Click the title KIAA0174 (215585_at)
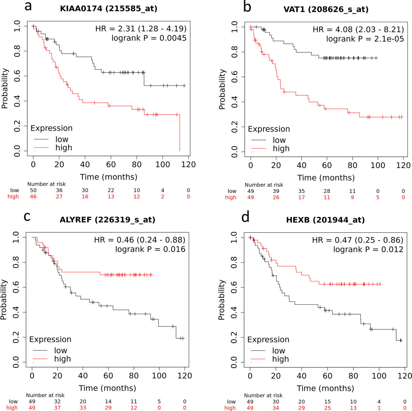(109, 9)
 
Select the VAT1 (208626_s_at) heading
(326, 9)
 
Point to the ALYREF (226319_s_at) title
(108, 220)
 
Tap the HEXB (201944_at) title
(325, 220)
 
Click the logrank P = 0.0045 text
(149, 38)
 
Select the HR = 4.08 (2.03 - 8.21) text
(358, 30)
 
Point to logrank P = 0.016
(150, 250)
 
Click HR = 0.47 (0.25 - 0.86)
(358, 241)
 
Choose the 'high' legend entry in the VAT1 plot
(281, 149)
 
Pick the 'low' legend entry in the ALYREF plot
(61, 351)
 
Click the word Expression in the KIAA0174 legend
(51, 128)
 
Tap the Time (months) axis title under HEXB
(325, 388)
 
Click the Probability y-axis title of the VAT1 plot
(222, 89)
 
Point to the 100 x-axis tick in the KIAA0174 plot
(163, 165)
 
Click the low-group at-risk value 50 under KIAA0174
(33, 190)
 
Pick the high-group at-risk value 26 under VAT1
(276, 198)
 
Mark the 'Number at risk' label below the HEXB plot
(263, 395)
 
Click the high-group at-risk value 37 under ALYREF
(58, 408)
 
